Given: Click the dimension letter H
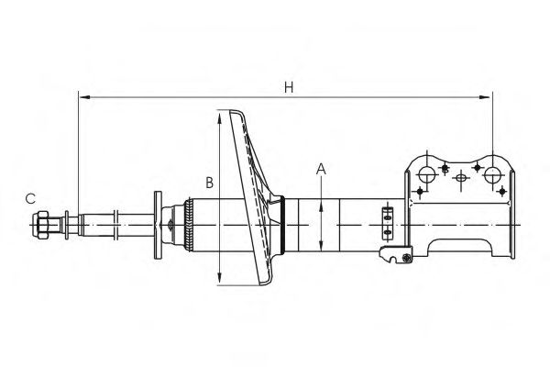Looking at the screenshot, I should coord(289,87).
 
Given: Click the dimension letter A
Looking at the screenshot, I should coord(321,168).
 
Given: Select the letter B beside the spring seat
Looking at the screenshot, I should coord(209,183).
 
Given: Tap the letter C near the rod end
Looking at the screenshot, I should coord(30,197).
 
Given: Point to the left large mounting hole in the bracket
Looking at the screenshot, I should coord(426,174).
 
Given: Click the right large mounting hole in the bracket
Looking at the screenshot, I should coord(492,174).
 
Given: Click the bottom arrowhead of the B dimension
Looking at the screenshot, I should coord(220,281).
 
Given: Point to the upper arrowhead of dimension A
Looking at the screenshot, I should coord(322,206).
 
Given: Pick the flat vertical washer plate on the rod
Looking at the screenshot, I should coord(158,224).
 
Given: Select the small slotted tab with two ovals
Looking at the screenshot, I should coord(386,220).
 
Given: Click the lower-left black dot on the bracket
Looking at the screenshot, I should coord(420,191).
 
